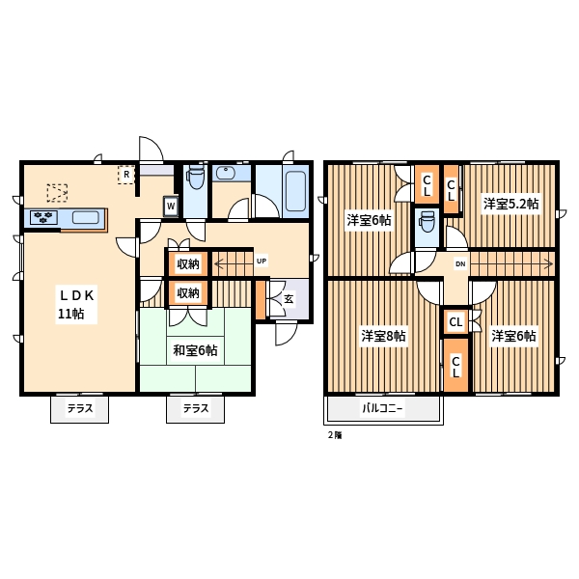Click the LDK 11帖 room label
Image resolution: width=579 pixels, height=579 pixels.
click(76, 304)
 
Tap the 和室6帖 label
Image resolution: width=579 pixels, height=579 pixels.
click(195, 350)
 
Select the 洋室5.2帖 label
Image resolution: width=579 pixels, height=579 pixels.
click(511, 204)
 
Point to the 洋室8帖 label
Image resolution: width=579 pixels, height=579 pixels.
click(384, 336)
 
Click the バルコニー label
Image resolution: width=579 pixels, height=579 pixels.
click(382, 408)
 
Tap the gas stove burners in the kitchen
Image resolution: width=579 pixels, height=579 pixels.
click(43, 217)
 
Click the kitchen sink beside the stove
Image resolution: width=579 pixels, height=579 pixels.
click(86, 217)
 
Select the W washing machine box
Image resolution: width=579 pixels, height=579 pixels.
click(171, 207)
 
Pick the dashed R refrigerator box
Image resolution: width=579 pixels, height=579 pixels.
click(126, 175)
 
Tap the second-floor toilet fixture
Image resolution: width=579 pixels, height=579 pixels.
click(427, 222)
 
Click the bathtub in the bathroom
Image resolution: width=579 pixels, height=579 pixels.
click(295, 191)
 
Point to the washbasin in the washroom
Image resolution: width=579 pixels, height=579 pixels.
click(225, 173)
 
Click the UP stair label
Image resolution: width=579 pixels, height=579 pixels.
click(262, 262)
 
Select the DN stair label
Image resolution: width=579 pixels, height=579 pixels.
click(460, 264)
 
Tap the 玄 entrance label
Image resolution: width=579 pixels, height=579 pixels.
click(289, 299)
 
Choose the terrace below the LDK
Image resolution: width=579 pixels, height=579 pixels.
click(79, 409)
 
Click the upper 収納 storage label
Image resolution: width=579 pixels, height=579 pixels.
click(188, 264)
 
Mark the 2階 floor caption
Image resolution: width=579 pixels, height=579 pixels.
click(335, 435)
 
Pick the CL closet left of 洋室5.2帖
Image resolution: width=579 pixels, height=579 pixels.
click(451, 189)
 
